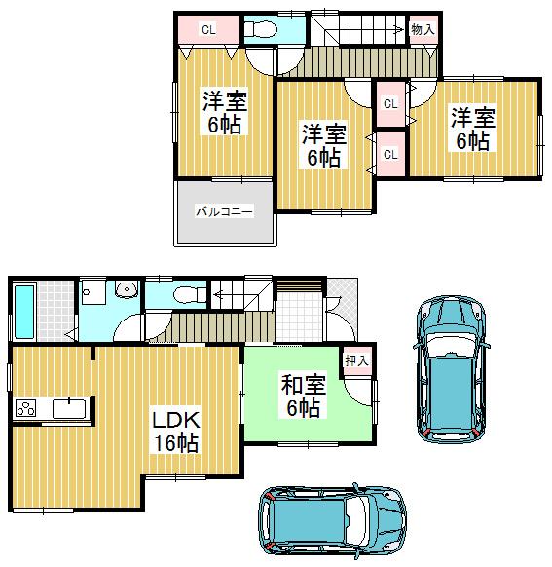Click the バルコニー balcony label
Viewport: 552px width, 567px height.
(224, 210)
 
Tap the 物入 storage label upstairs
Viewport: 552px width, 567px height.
(423, 30)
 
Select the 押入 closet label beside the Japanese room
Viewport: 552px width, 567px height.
(357, 360)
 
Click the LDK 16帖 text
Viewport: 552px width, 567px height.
(175, 432)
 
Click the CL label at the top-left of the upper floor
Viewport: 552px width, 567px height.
(207, 30)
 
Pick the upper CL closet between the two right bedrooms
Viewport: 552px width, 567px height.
(389, 103)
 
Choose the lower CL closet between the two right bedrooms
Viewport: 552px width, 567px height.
(389, 154)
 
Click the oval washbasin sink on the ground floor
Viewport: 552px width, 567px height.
(124, 289)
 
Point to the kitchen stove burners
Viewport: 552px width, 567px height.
(26, 407)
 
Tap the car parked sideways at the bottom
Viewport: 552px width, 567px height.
(330, 523)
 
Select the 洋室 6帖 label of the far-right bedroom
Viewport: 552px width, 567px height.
(472, 129)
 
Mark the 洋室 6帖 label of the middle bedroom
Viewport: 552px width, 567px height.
(322, 144)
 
